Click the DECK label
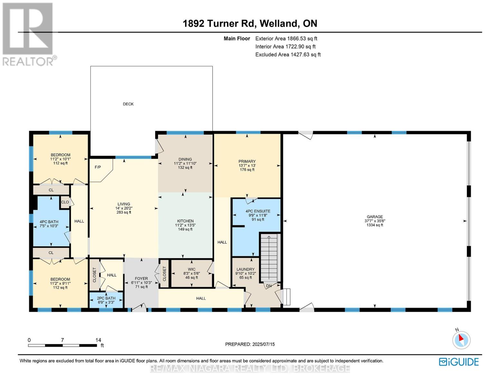128,104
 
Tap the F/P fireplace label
98,167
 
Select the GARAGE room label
375,216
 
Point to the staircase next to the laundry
269,258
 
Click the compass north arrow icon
461,339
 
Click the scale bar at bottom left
62,345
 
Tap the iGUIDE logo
459,362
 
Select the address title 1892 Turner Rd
219,23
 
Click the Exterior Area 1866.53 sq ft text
286,39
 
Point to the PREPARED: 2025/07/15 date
250,344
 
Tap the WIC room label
192,269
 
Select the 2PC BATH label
106,298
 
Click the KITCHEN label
185,221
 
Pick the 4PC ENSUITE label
258,211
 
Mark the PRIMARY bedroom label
247,161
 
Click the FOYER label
141,279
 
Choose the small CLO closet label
65,202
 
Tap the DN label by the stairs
269,286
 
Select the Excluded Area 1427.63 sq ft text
288,55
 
